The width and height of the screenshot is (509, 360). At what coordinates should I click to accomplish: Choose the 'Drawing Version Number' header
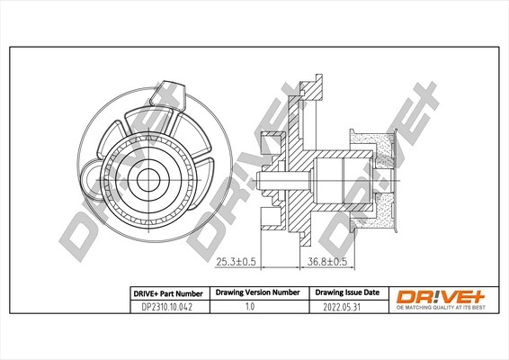pyautogui.click(x=256, y=293)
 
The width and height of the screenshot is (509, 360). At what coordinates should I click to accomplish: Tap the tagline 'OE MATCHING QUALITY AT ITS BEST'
pyautogui.click(x=442, y=309)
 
